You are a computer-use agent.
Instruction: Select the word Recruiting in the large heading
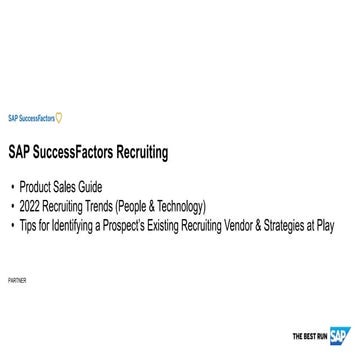[x=143, y=153]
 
